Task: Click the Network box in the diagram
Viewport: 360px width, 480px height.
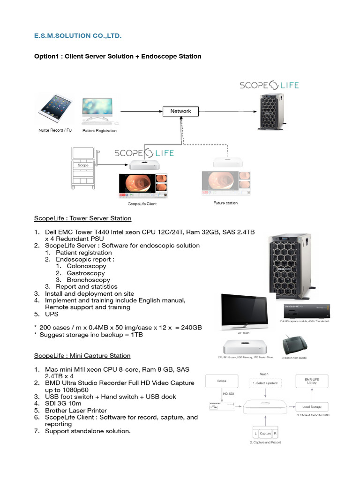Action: click(x=180, y=111)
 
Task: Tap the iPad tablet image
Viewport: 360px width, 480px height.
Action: click(x=55, y=107)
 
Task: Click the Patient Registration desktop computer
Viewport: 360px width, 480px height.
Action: click(x=97, y=112)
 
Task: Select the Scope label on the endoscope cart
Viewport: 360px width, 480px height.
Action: click(x=83, y=165)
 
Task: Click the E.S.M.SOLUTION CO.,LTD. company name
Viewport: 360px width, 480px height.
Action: click(x=81, y=36)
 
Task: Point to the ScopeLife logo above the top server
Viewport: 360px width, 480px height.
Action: click(x=269, y=85)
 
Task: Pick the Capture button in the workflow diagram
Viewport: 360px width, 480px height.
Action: click(x=265, y=434)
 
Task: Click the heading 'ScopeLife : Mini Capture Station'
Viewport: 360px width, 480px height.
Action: click(x=82, y=356)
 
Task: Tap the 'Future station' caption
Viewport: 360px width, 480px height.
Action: click(x=225, y=203)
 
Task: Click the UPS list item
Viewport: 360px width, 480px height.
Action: click(x=52, y=314)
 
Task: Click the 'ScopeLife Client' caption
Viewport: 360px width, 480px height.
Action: click(x=142, y=204)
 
